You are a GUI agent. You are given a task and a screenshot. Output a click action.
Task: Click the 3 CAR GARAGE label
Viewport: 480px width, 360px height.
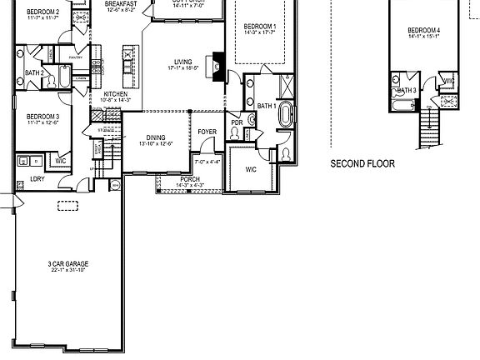pyautogui.click(x=68, y=264)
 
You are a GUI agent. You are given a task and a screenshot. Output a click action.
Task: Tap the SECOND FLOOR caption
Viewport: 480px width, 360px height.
pyautogui.click(x=362, y=164)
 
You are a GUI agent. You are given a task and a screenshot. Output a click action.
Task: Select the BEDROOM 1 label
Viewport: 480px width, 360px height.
pyautogui.click(x=260, y=27)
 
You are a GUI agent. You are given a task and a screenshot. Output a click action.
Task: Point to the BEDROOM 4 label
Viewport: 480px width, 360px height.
pyautogui.click(x=423, y=31)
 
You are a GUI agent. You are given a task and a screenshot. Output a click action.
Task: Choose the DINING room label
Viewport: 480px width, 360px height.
pyautogui.click(x=156, y=137)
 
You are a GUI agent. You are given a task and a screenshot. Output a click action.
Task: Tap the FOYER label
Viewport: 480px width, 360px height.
pyautogui.click(x=207, y=132)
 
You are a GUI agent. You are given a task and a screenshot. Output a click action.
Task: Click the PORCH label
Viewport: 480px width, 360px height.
pyautogui.click(x=189, y=179)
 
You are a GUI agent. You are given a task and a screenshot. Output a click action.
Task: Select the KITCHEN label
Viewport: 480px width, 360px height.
pyautogui.click(x=116, y=94)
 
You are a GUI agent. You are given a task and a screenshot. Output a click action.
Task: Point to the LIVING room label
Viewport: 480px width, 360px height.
pyautogui.click(x=183, y=60)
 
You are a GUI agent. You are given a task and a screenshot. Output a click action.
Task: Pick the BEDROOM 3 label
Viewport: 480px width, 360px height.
pyautogui.click(x=42, y=117)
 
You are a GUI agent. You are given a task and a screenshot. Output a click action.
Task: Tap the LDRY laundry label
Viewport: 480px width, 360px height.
pyautogui.click(x=37, y=178)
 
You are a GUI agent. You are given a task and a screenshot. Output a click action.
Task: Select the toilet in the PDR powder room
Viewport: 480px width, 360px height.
pyautogui.click(x=234, y=132)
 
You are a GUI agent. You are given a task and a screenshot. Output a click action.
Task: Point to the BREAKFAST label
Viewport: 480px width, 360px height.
pyautogui.click(x=121, y=3)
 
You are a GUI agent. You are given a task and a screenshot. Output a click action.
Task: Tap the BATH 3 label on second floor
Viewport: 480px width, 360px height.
pyautogui.click(x=407, y=90)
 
